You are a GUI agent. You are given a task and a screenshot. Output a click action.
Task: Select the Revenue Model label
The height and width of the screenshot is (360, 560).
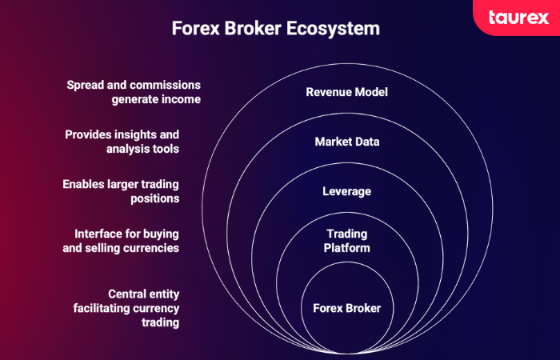coord(346,92)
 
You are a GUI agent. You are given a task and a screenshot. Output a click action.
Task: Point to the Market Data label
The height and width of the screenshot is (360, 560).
coord(346,142)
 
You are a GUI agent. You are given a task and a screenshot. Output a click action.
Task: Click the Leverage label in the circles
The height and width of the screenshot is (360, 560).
coord(346,192)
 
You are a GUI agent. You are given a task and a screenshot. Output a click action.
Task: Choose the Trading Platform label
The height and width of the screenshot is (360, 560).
coord(346,241)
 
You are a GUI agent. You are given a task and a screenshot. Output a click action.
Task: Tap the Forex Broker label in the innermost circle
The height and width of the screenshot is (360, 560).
coord(346,308)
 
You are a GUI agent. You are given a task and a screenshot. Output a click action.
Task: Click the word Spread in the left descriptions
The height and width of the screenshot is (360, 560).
coord(86,85)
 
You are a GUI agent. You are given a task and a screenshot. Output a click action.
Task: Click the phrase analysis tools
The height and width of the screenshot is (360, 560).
coord(142,149)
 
